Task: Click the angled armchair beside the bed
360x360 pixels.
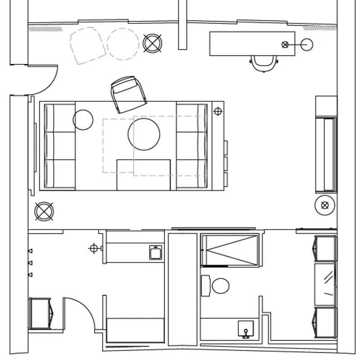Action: click(x=129, y=94)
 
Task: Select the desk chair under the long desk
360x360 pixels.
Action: click(x=264, y=63)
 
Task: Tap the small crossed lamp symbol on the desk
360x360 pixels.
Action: click(x=285, y=44)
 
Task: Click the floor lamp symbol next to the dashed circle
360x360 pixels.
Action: click(x=153, y=43)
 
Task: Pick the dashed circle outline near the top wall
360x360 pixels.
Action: click(x=123, y=44)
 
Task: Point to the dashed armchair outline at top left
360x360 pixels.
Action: click(x=87, y=45)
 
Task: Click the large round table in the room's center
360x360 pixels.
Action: click(x=144, y=134)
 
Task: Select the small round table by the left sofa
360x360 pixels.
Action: click(x=83, y=120)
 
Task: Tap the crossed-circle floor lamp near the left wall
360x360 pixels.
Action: click(x=44, y=211)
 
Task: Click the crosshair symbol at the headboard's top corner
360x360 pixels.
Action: click(x=218, y=111)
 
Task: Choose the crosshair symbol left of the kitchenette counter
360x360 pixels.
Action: click(x=94, y=248)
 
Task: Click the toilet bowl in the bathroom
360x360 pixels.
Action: click(x=220, y=286)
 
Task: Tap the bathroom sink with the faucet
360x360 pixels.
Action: click(x=246, y=329)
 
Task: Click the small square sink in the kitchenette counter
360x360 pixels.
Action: click(x=156, y=252)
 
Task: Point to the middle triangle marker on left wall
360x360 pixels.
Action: click(x=30, y=262)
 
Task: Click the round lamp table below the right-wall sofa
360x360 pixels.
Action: click(x=325, y=205)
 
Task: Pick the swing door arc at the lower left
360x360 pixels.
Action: click(x=81, y=313)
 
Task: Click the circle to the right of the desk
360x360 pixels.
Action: click(x=307, y=44)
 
